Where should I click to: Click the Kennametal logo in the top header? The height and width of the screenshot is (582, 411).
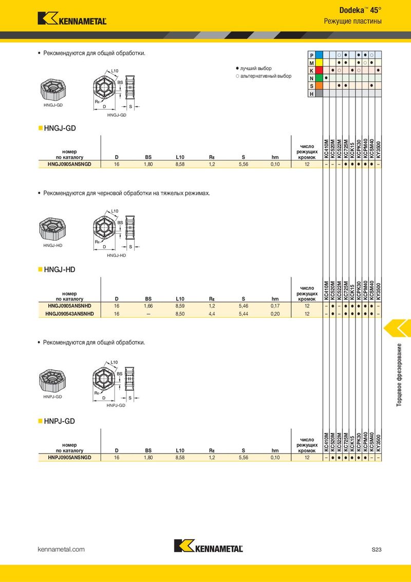point(72,19)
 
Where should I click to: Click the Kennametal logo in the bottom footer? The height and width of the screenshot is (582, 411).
point(209,545)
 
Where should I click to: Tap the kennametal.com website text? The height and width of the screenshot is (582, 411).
point(61,549)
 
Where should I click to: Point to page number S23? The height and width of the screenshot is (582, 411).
point(376,549)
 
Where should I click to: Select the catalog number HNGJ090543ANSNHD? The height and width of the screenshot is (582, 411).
point(69,314)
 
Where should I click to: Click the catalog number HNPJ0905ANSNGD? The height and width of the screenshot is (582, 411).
point(69,458)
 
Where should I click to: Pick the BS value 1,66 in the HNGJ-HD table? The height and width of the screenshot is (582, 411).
point(148,306)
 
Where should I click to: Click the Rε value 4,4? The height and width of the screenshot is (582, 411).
point(212,314)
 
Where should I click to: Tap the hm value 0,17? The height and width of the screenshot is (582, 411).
point(275,306)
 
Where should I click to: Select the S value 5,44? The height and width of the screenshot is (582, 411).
point(244,314)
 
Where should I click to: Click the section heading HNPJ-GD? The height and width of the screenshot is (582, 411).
point(60,421)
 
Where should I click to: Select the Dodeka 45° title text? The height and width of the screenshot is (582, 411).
point(360,10)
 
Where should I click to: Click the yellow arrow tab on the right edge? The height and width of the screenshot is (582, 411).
point(397,328)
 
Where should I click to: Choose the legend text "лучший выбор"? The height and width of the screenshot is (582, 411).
point(255,69)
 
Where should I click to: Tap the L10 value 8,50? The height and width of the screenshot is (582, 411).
point(180,314)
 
